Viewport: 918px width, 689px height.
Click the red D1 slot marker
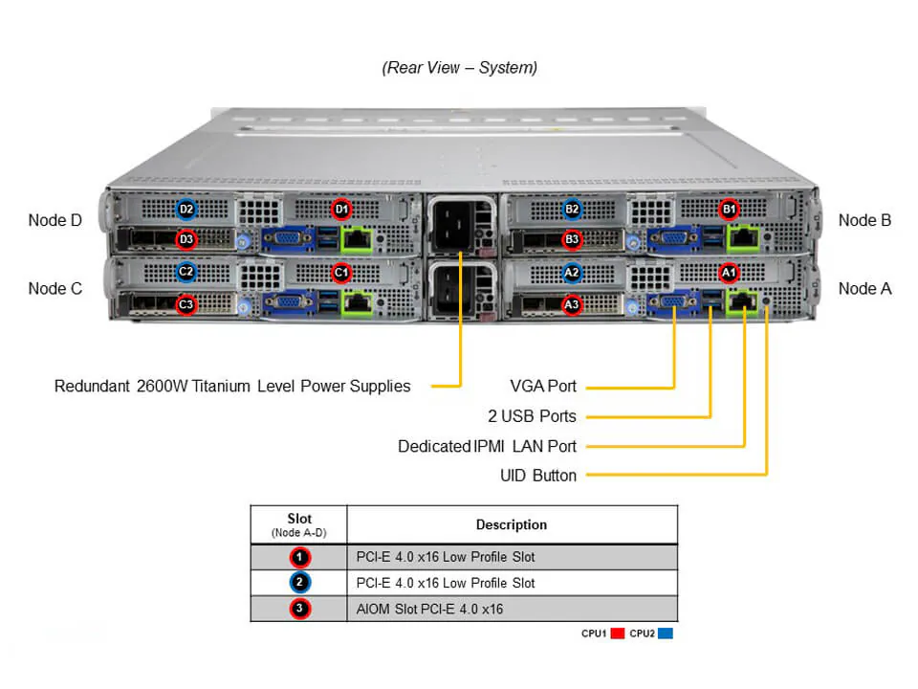coord(341,209)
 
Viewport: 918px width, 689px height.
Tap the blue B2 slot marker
coord(572,209)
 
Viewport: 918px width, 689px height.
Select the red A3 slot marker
coord(572,305)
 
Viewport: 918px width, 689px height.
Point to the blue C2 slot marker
coord(186,272)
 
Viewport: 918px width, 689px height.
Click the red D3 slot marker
coord(186,239)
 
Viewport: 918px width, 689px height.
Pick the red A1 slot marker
coord(729,273)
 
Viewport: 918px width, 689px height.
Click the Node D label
coord(55,220)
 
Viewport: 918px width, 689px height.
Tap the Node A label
coord(864,288)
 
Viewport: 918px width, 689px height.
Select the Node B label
coord(864,220)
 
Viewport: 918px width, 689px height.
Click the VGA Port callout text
coord(543,387)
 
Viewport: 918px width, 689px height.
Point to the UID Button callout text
coord(538,476)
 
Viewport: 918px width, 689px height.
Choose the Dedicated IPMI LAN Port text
coord(487,446)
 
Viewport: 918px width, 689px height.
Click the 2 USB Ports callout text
coord(532,416)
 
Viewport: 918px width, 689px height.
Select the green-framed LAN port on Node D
coord(359,239)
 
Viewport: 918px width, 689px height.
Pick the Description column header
coord(512,524)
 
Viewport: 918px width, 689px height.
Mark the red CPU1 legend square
coord(617,633)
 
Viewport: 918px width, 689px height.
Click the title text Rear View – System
coord(460,68)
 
